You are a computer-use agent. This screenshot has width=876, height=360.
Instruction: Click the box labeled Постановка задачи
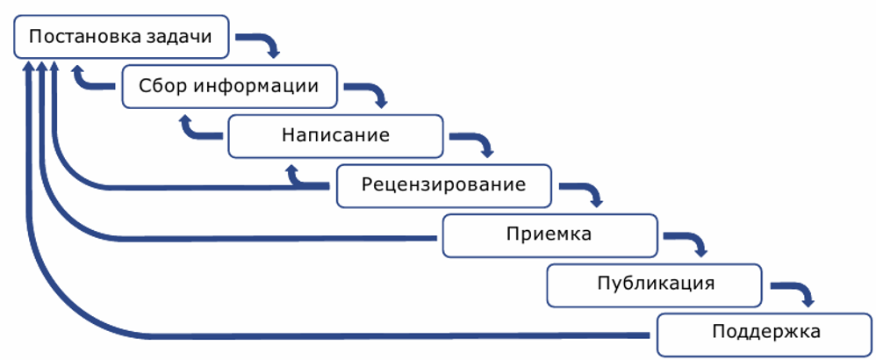click(124, 38)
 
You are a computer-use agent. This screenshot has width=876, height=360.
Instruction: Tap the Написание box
click(335, 135)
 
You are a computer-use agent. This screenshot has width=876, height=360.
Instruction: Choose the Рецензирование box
click(443, 184)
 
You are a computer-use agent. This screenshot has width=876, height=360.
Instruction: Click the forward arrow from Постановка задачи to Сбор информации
click(263, 43)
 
